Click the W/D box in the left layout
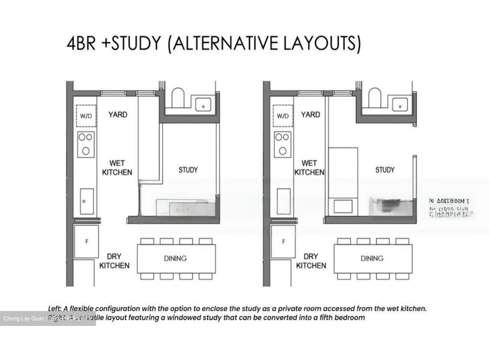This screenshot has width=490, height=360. [86, 116]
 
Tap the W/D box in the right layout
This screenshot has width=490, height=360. [283, 116]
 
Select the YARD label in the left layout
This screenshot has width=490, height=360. [118, 114]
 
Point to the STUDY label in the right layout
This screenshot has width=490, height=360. [385, 170]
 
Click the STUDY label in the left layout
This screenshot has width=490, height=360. [188, 170]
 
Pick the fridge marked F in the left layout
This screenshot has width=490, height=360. [86, 241]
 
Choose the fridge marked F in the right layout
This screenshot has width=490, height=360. [283, 241]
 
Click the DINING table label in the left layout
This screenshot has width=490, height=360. [175, 259]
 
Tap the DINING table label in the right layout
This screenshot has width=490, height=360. [372, 259]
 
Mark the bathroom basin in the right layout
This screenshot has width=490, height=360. [400, 105]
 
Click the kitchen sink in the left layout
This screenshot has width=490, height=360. [87, 201]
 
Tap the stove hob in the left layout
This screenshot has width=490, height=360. [85, 144]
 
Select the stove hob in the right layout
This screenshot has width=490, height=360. [282, 144]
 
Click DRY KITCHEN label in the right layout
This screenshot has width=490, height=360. [311, 261]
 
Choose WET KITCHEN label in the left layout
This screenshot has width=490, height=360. [117, 168]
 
